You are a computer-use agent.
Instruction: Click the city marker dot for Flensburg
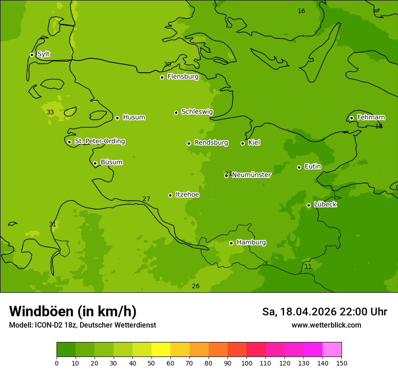(x=162, y=77)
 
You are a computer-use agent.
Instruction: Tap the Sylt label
(x=43, y=54)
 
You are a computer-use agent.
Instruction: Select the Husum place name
(x=134, y=117)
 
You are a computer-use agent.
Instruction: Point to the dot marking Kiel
(x=242, y=143)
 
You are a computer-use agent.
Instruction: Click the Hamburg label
(x=251, y=242)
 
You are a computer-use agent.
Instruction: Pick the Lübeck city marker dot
(x=308, y=205)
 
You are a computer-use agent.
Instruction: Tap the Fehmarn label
(x=371, y=117)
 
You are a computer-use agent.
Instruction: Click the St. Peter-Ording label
(x=99, y=141)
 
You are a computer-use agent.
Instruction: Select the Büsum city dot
(x=95, y=163)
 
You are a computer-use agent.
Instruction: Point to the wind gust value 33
(x=50, y=112)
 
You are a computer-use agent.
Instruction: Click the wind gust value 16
(x=301, y=11)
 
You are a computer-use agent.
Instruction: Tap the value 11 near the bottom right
(x=308, y=267)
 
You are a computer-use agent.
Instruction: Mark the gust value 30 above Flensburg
(x=167, y=64)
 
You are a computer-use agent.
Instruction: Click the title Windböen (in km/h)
(x=73, y=311)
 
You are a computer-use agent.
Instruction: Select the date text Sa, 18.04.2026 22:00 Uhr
(x=324, y=312)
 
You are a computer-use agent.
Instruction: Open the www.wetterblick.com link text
(x=326, y=325)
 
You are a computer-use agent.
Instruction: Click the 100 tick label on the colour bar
(x=246, y=363)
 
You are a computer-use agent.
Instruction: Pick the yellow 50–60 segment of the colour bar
(x=161, y=350)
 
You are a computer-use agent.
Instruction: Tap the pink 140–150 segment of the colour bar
(x=332, y=350)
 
